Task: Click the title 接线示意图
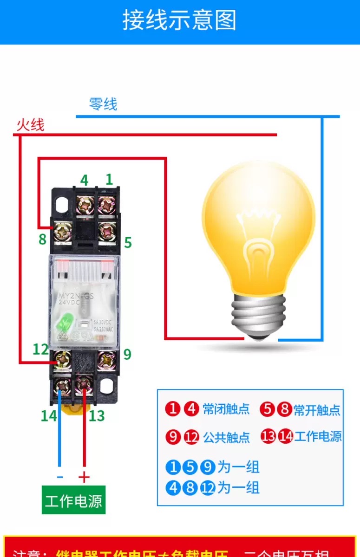(x=179, y=20)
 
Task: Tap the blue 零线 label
(x=103, y=104)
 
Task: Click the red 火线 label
(x=30, y=124)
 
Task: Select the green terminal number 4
(x=84, y=180)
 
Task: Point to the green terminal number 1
(x=109, y=179)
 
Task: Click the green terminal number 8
(x=43, y=240)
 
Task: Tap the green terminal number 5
(x=128, y=242)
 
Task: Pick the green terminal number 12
(x=40, y=349)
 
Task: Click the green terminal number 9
(x=127, y=355)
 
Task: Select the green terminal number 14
(x=48, y=416)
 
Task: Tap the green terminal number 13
(x=97, y=416)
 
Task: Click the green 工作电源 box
(x=73, y=500)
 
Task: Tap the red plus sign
(x=84, y=477)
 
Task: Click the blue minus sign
(x=59, y=477)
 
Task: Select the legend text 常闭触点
(x=226, y=409)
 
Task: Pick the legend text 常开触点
(x=317, y=410)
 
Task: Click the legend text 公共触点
(x=226, y=437)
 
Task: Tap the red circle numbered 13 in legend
(x=268, y=437)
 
